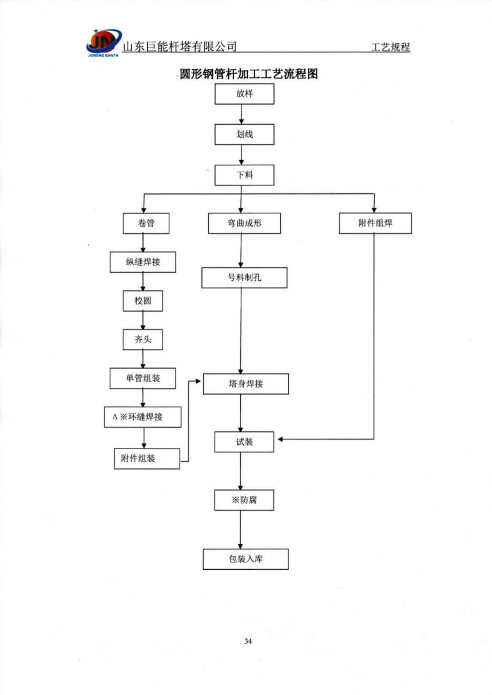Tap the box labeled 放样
[244, 94]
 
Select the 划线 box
[244, 135]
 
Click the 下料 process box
[244, 175]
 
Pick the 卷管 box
[146, 223]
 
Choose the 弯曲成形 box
[244, 223]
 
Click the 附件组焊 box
[375, 223]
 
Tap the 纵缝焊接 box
[142, 262]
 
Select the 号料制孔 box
[244, 278]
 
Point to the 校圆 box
[142, 301]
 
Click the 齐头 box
[142, 340]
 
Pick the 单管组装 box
[142, 378]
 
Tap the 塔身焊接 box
[246, 384]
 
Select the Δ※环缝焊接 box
[142, 417]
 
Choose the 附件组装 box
[146, 459]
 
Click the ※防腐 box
[244, 500]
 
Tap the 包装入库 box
[245, 559]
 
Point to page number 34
[248, 641]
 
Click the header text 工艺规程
[390, 48]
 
